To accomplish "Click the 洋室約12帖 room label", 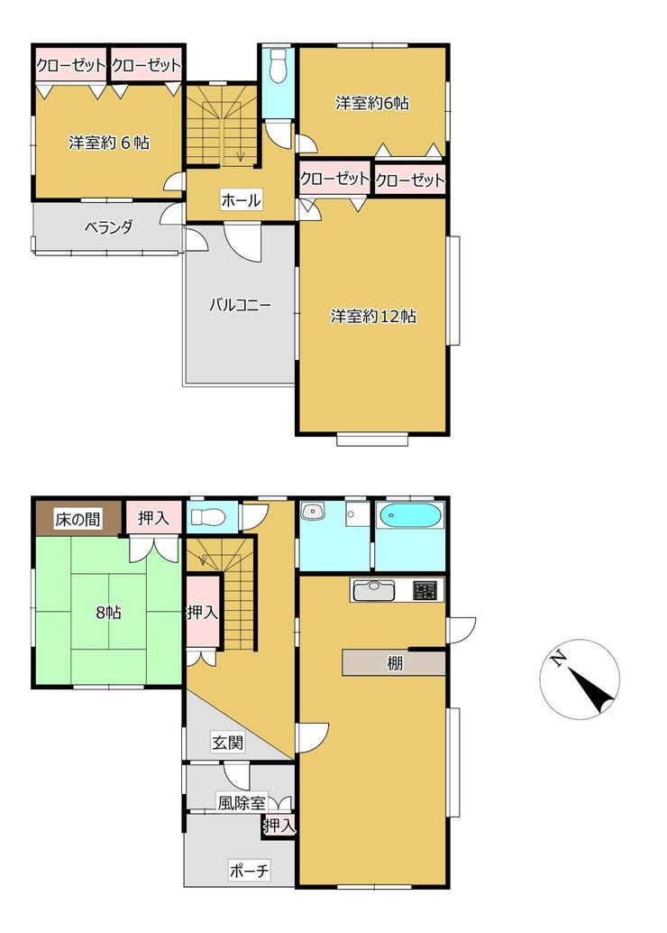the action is (373, 316).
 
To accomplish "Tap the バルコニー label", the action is (240, 306).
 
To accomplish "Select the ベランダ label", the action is (108, 226).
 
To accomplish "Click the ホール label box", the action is (241, 200).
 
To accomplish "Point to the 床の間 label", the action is (78, 519).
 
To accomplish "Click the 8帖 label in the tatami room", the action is (109, 612).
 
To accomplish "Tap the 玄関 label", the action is (228, 742).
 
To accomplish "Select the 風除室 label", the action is (241, 803).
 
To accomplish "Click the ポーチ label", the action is (249, 871).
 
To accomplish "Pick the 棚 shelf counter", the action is (394, 663).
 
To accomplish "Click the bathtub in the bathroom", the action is (409, 516).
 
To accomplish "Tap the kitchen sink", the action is (373, 590).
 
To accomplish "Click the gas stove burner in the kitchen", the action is (425, 590).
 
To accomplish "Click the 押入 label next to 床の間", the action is (153, 518).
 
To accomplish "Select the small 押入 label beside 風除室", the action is (279, 826).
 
